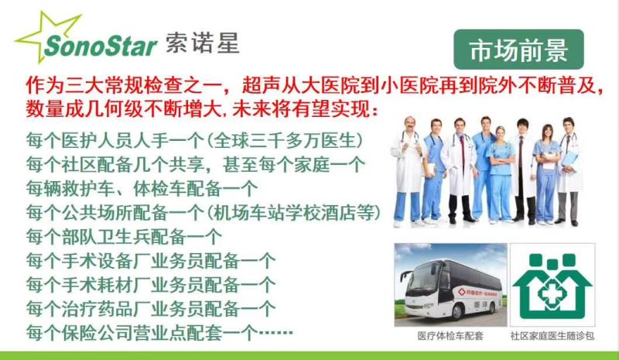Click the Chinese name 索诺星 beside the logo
tap(203, 43)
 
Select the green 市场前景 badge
tap(518, 50)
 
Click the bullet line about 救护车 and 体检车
tap(142, 189)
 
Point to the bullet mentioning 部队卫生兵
tap(124, 237)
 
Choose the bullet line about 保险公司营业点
tap(159, 333)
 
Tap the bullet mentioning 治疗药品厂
tap(151, 309)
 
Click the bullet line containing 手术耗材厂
tap(151, 285)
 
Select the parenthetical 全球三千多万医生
tap(284, 141)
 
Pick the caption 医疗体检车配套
tap(450, 336)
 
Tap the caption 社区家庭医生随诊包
tap(552, 336)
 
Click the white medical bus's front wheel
tap(457, 312)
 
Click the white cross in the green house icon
tap(552, 294)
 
